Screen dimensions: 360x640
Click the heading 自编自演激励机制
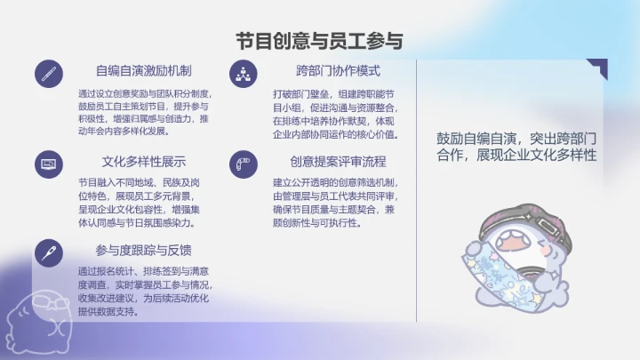[144, 70]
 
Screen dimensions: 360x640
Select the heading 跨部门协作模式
[338, 70]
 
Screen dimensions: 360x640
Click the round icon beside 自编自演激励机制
[49, 75]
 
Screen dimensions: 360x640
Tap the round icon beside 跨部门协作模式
[243, 75]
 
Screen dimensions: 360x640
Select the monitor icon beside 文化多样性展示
[49, 164]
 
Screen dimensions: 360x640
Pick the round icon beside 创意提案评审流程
[243, 164]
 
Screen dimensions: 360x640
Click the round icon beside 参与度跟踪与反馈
[49, 252]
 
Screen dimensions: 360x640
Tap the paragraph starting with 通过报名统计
[142, 292]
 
